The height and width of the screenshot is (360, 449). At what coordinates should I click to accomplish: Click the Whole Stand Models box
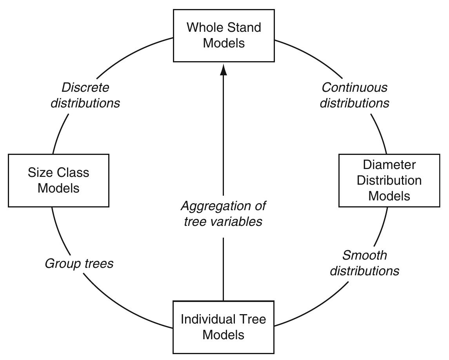point(224,35)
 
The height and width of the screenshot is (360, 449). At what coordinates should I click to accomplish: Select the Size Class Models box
point(58,180)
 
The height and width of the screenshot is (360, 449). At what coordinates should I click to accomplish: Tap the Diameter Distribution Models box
point(389,180)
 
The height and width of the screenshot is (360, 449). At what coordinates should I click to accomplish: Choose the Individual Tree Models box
point(224,327)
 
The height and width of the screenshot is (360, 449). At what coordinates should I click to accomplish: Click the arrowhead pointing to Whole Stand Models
point(224,70)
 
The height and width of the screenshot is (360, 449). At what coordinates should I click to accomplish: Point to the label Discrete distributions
point(85,95)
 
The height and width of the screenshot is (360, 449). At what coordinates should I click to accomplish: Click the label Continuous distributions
point(354,95)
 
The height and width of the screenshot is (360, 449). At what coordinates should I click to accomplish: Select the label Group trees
point(79,263)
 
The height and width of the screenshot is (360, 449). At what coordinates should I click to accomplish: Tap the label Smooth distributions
point(364,263)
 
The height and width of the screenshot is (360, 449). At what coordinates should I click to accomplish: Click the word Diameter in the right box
point(389,165)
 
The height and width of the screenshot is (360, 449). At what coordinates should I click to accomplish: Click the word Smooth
point(365,255)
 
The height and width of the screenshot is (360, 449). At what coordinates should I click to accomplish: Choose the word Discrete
point(85,87)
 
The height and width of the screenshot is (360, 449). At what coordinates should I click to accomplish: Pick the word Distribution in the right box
point(389,180)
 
